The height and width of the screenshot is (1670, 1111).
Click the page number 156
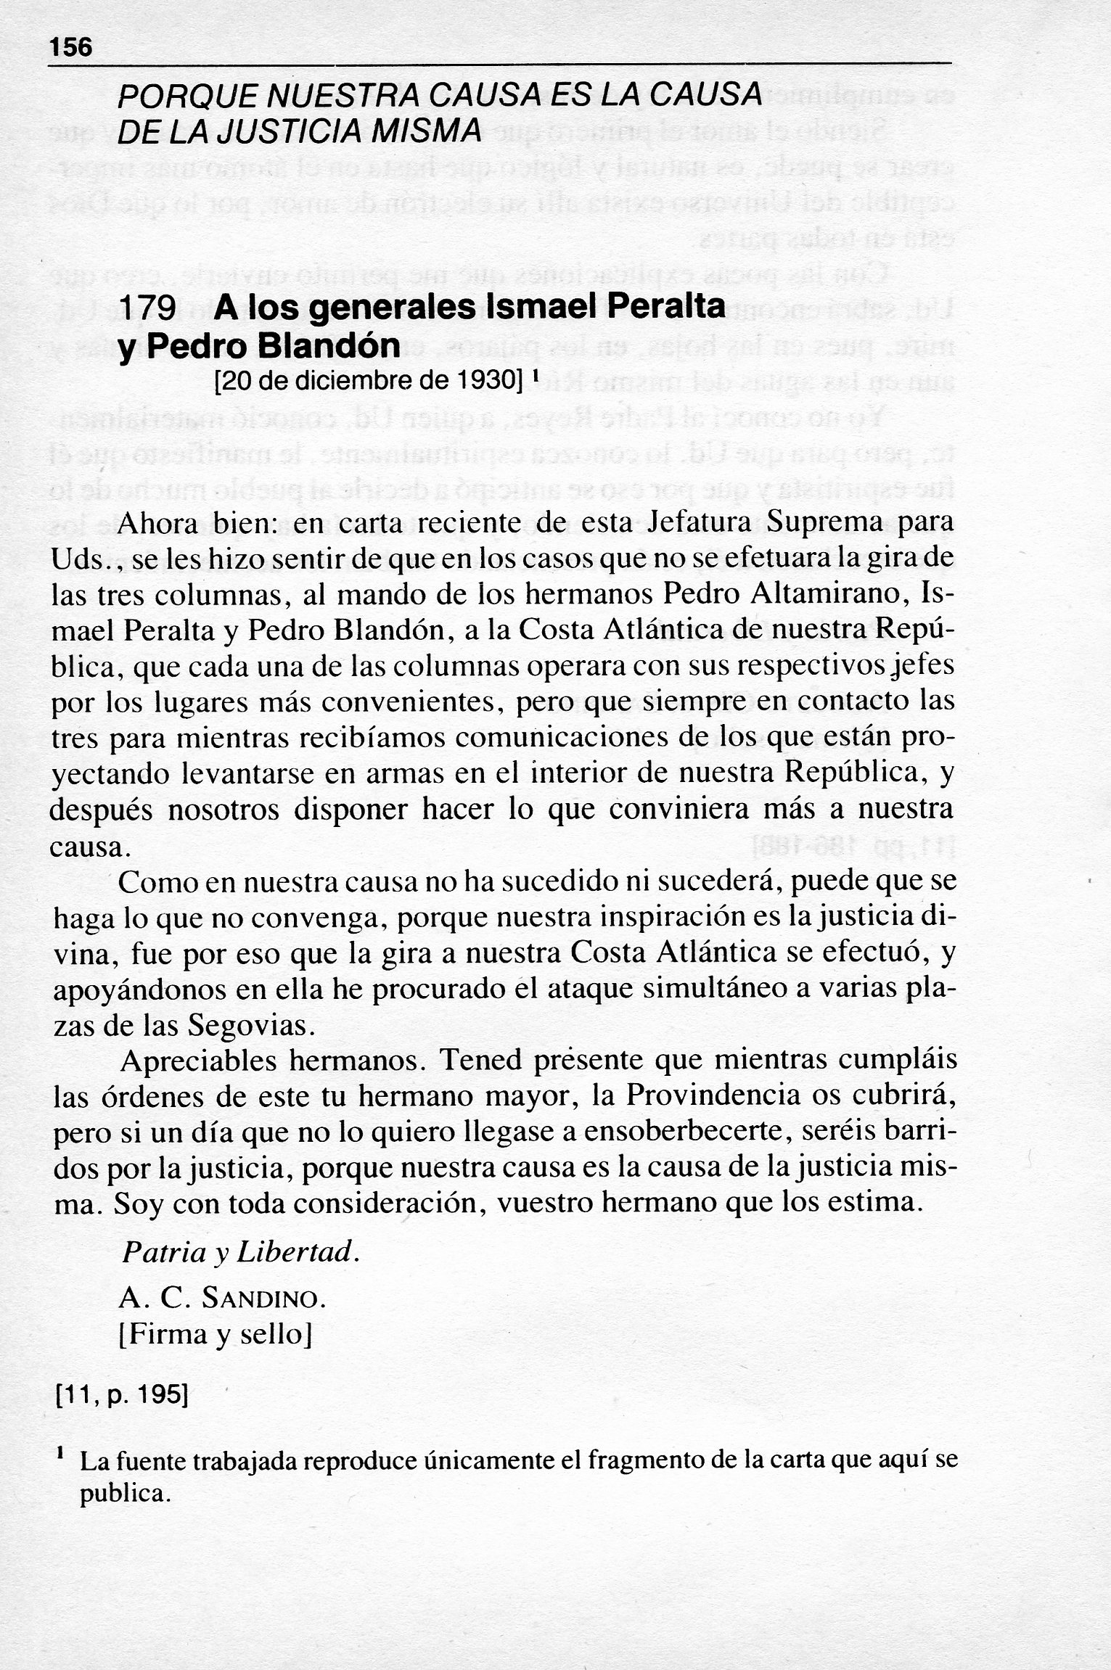[71, 48]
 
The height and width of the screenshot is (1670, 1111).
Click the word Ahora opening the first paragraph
[162, 523]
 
